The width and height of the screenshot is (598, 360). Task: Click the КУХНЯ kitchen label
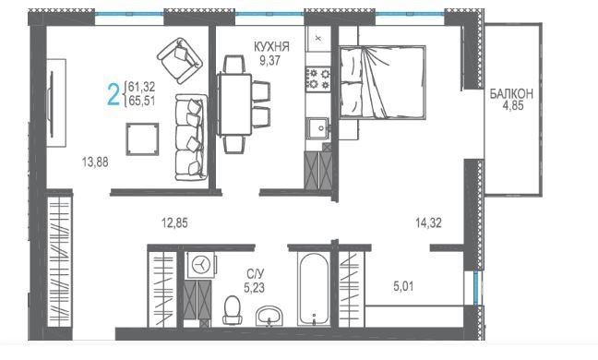coord(271,46)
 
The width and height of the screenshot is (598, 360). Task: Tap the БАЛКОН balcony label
coord(511,94)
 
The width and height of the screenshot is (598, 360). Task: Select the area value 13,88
coord(95,162)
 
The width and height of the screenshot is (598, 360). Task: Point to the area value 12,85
coord(174,222)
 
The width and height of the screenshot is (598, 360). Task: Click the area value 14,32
coord(429,222)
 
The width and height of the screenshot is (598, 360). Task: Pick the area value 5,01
coord(403,286)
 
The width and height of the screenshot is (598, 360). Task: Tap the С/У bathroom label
coord(255,274)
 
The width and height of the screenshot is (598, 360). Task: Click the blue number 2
coord(114,94)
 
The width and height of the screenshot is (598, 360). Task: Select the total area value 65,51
coord(142,101)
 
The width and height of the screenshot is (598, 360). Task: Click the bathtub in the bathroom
coord(314,289)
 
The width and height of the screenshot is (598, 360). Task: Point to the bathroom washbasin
coord(269,316)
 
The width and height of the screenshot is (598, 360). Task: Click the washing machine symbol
coord(201,264)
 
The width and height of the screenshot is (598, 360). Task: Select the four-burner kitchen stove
coord(318,78)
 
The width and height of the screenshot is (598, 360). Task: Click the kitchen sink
coord(317,128)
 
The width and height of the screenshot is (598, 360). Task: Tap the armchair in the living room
coord(180,60)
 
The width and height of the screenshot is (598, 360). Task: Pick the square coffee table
coord(142,139)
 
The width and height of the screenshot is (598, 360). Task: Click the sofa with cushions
coord(191,138)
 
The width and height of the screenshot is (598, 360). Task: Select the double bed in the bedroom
coord(382,82)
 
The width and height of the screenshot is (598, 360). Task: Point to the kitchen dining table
coord(234,104)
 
